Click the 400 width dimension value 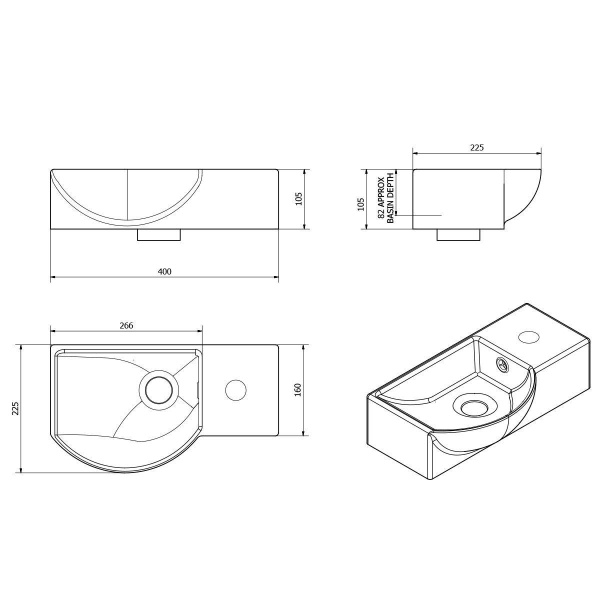(164, 271)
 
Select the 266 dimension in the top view (126, 325)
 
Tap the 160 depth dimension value (297, 389)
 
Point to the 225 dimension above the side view (477, 147)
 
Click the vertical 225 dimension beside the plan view (15, 408)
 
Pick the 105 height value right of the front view (298, 199)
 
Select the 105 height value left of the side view (360, 203)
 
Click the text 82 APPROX (381, 197)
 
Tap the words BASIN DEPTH (391, 197)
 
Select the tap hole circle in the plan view (235, 390)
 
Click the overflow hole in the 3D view (502, 364)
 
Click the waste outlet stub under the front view (158, 235)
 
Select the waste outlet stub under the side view (458, 235)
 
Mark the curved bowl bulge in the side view (525, 200)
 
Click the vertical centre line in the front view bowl (128, 195)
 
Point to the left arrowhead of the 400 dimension (53, 276)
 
